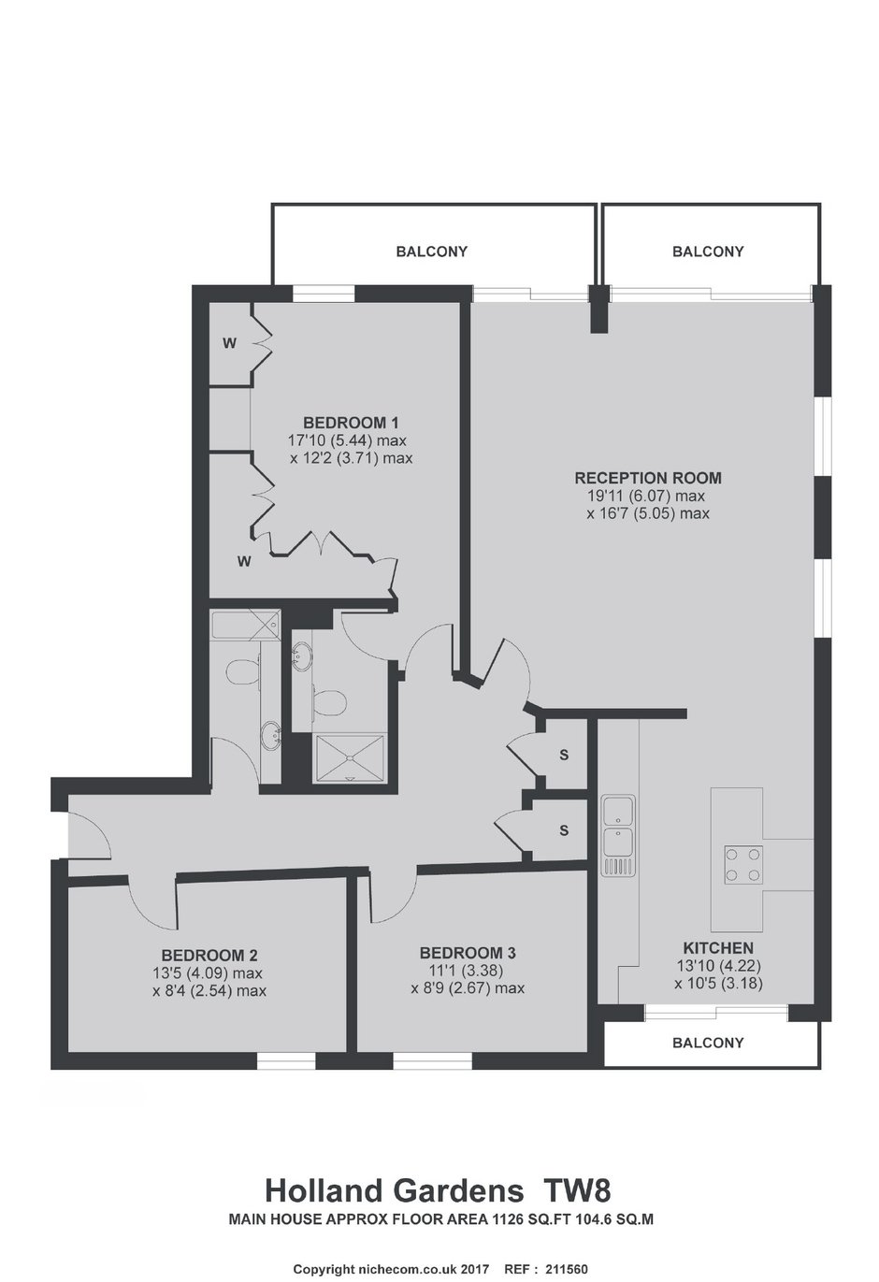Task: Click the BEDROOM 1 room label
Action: coord(351,423)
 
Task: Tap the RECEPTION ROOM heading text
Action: coord(648,478)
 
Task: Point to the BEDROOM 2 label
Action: coord(209,956)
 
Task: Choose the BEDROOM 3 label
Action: coord(468,953)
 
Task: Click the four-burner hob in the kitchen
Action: coord(743,865)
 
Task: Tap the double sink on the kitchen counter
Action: coord(618,835)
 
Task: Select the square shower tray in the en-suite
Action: coord(350,757)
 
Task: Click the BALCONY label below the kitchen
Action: coord(708,1043)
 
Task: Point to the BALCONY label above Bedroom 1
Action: coord(431,252)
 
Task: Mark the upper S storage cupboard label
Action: coord(564,755)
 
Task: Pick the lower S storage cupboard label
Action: coord(564,829)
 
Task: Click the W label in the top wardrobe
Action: coord(229,343)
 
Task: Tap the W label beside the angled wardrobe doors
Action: coord(244,562)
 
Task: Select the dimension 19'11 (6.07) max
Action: coord(646,496)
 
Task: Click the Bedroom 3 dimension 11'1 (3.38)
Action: coord(467,971)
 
